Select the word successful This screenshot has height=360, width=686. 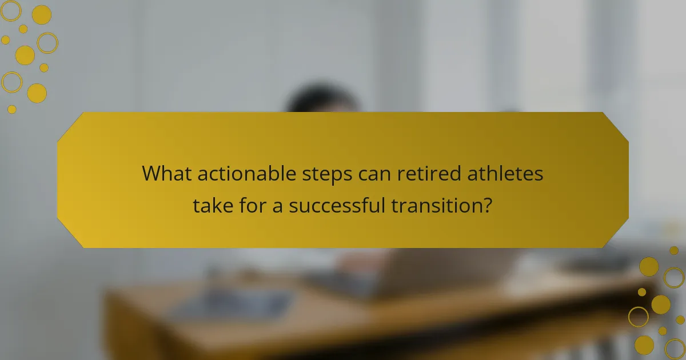[x=337, y=205]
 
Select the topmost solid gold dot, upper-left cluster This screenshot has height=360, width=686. [x=41, y=15]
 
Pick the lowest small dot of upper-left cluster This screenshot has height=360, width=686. [x=12, y=109]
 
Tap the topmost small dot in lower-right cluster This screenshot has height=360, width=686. [x=674, y=250]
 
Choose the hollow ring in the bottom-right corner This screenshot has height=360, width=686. [x=675, y=348]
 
